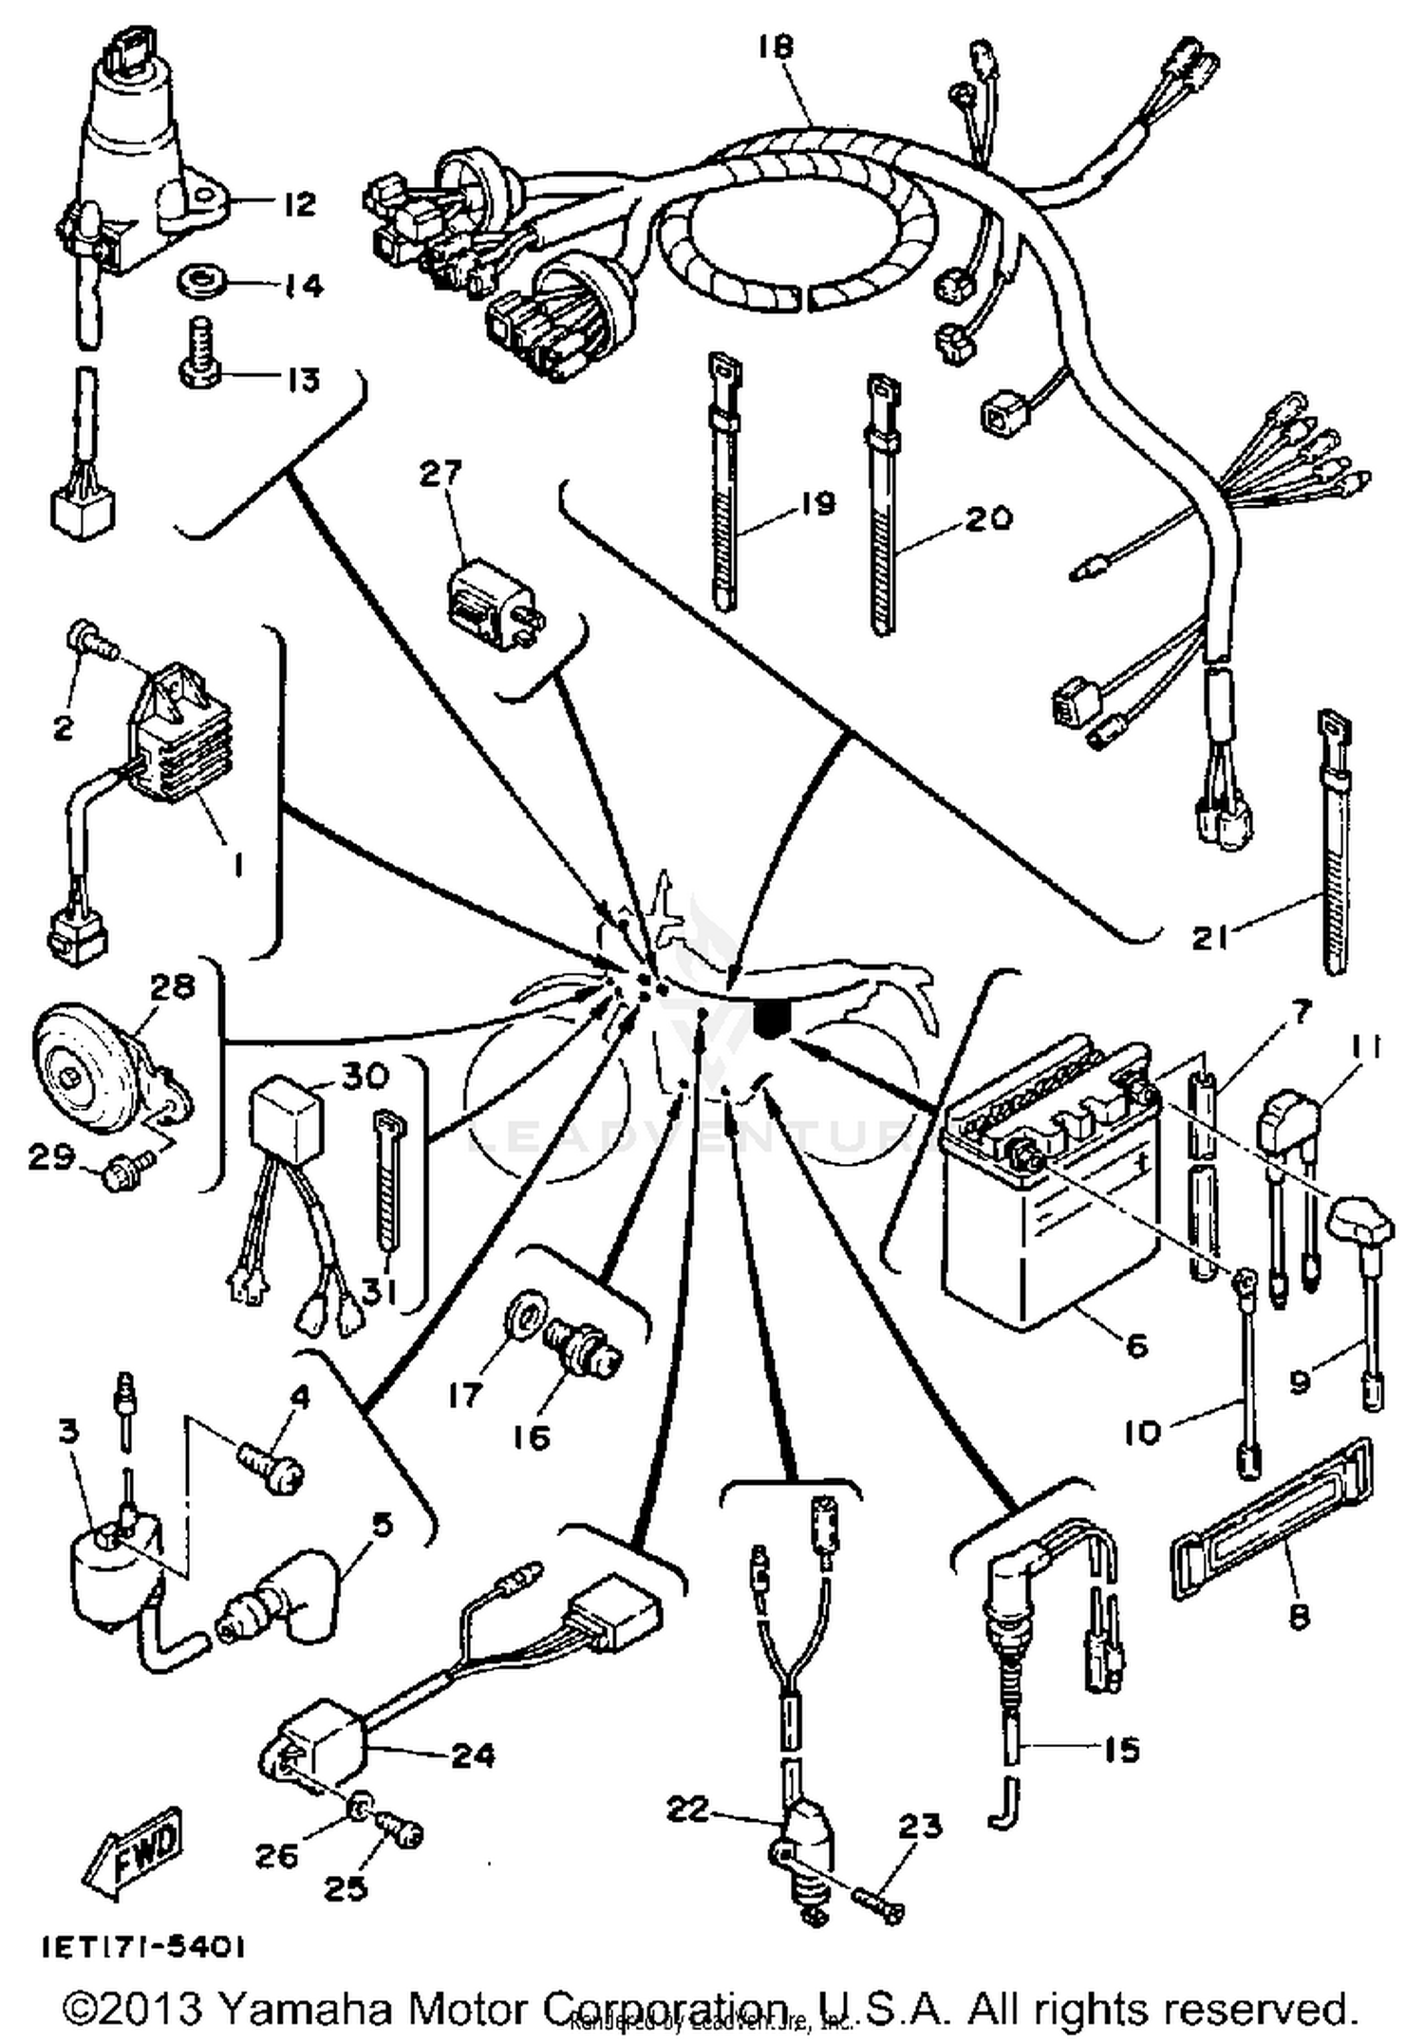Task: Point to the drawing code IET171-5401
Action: pos(142,1947)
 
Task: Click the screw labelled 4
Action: pos(271,1469)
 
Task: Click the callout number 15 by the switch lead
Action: pos(1120,1749)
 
